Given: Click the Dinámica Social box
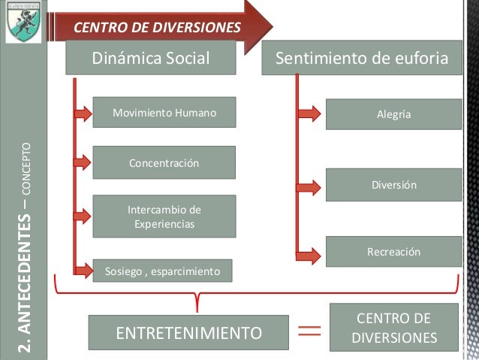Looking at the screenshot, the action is click(x=151, y=58).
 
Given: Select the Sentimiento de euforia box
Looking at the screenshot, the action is click(x=361, y=58).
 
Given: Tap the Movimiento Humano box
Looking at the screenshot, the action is click(x=164, y=113).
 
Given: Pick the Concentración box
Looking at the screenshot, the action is click(x=164, y=162).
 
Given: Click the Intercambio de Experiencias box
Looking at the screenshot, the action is click(x=164, y=216).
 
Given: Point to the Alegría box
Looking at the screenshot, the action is click(x=393, y=115).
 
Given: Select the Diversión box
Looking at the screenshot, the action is click(x=393, y=184).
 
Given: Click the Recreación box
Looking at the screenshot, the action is click(x=393, y=252).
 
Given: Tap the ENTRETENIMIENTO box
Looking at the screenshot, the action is click(x=188, y=332).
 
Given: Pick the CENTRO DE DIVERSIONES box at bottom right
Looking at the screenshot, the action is click(x=394, y=328).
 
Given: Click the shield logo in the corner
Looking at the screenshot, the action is click(x=23, y=22).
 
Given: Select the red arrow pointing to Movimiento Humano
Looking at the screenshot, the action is click(x=81, y=113).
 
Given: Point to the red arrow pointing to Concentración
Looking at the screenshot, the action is click(x=81, y=162).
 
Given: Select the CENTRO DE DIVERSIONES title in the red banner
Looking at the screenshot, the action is click(x=157, y=29).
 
